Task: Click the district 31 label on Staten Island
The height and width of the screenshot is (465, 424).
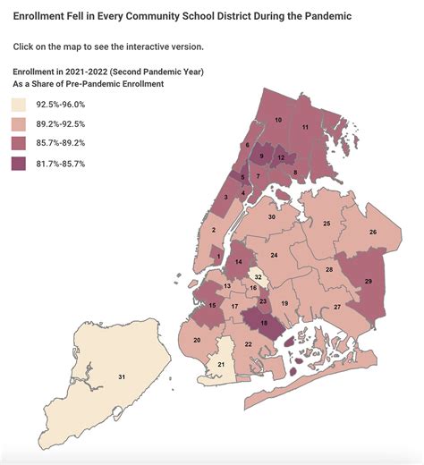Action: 121,377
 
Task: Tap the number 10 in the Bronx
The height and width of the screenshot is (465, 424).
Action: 278,120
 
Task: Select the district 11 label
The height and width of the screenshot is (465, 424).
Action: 305,127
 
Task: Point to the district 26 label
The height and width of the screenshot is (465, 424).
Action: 372,232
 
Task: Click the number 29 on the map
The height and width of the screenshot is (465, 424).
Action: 369,282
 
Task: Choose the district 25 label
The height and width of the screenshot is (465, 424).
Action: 327,223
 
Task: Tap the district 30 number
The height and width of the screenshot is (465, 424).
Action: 272,217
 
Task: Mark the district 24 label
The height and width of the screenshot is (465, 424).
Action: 274,256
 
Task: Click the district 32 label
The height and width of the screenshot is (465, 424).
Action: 258,278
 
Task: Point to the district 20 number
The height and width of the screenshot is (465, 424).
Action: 197,341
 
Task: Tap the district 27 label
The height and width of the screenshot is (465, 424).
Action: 337,307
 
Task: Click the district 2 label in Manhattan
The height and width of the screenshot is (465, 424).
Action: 214,230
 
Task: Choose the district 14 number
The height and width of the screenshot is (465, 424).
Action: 238,263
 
